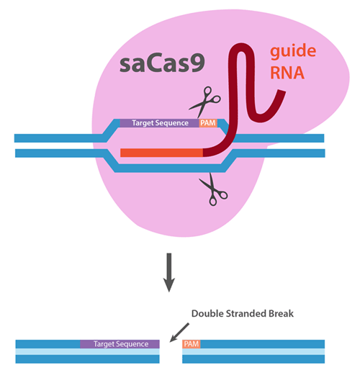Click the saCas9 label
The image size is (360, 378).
coord(162,63)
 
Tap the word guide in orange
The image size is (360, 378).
coord(293,52)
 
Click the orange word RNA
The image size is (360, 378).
coord(287,73)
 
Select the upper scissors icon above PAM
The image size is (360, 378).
coord(205,102)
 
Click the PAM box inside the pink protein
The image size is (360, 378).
coord(208,123)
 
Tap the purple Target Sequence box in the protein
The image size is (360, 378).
coord(160,123)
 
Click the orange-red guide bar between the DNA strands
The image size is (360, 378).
coord(161,153)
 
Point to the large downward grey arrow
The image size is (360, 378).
coord(169,272)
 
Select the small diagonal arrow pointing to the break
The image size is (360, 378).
coord(179,333)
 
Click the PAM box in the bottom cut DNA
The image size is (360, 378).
coord(192,344)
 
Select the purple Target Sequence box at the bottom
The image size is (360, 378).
coord(120,344)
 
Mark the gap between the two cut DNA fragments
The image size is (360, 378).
coord(171,351)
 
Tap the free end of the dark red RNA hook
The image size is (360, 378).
coord(282,91)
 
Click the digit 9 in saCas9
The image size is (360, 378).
coord(197,63)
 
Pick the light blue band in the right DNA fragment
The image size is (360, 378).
coord(253,351)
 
